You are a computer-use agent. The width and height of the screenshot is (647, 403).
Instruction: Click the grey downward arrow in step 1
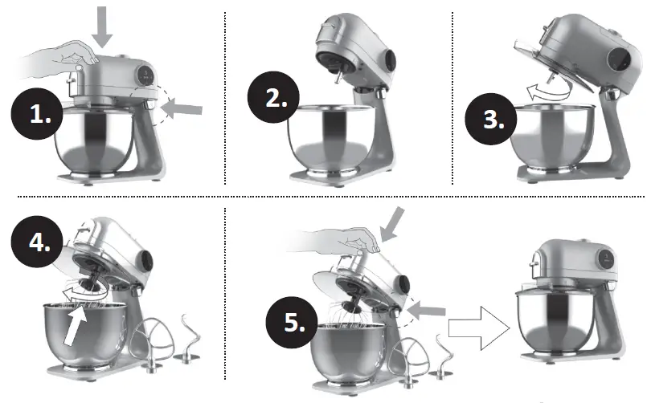click(104, 26)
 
